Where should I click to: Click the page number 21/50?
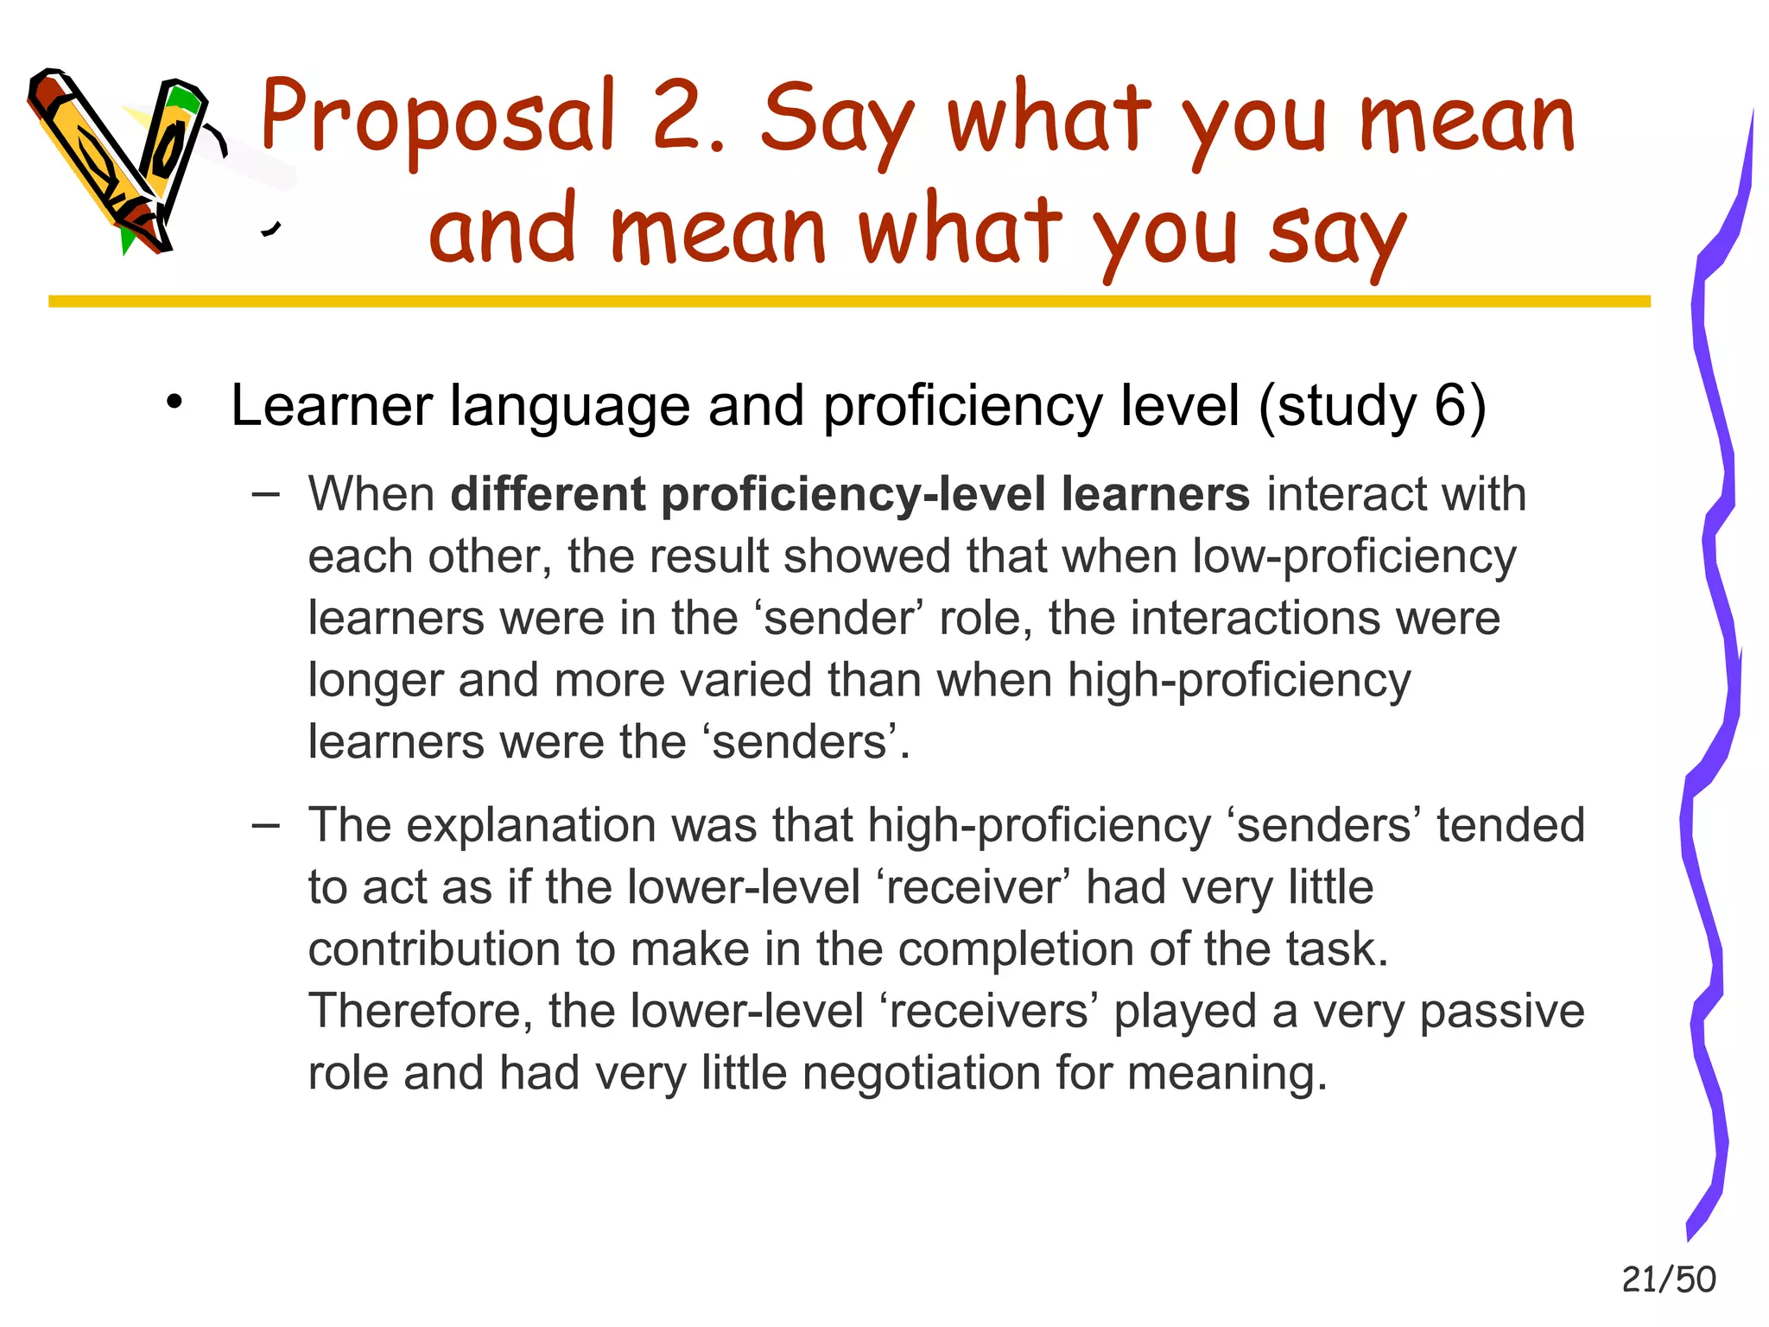(1668, 1279)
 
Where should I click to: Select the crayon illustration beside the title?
(121, 160)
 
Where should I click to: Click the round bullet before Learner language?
(175, 403)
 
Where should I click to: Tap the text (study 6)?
(1373, 405)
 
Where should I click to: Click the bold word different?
(548, 494)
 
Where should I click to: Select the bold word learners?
(1155, 494)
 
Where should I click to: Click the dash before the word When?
(266, 494)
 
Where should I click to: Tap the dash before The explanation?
(266, 825)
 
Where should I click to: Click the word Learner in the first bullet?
(331, 405)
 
